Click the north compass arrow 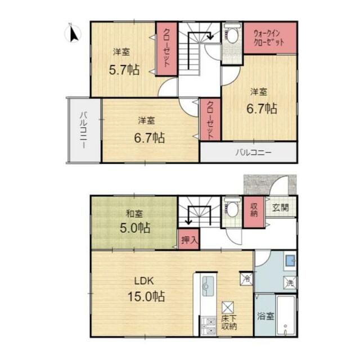pos(73,34)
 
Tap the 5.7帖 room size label pos(124,70)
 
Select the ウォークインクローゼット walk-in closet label pos(269,38)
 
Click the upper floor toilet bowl pos(232,36)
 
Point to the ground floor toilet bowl pos(232,209)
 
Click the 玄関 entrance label pos(280,208)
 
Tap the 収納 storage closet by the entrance pos(254,212)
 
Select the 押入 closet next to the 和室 pos(189,240)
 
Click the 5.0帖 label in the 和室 pos(135,228)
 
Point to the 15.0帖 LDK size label pos(146,296)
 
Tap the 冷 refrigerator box pos(246,278)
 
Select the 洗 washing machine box pos(290,282)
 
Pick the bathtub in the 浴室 pos(286,316)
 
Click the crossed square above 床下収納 pos(228,308)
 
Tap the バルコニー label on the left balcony pos(84,130)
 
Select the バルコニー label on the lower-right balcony pos(254,152)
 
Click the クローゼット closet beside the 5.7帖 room pos(166,49)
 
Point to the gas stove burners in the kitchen pos(209,326)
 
